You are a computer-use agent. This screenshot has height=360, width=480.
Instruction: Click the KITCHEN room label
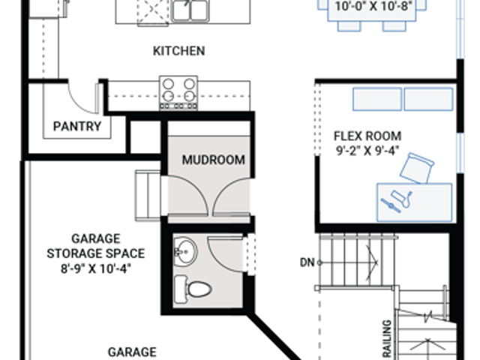click(x=178, y=51)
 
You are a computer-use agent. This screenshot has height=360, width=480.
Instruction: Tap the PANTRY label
click(x=77, y=126)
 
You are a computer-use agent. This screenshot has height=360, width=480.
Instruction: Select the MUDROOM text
click(x=213, y=160)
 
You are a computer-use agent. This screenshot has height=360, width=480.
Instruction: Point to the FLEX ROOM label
click(x=367, y=136)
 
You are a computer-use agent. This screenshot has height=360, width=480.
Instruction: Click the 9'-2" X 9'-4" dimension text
click(x=367, y=151)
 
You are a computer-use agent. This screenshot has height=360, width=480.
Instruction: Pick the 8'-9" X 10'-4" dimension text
click(x=96, y=268)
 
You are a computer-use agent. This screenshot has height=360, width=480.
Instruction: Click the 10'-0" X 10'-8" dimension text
click(x=373, y=6)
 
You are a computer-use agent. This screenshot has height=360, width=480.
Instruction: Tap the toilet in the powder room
click(x=193, y=289)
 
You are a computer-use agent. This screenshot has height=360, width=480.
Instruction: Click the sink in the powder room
click(x=185, y=252)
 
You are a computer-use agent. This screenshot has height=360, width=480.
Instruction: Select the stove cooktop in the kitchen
click(x=178, y=93)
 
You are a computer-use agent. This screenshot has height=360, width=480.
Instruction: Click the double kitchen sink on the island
click(x=190, y=10)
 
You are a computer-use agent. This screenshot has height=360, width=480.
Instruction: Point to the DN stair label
click(x=307, y=262)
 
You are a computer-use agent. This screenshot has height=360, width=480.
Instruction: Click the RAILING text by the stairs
click(x=387, y=338)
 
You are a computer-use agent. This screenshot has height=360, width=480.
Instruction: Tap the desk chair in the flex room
click(x=417, y=168)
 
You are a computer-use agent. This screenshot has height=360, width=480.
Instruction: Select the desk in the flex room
click(x=414, y=202)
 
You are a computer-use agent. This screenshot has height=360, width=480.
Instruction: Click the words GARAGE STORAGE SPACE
click(x=96, y=246)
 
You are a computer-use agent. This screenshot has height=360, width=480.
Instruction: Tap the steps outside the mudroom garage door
click(x=148, y=196)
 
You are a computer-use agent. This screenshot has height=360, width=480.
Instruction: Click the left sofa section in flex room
click(x=377, y=99)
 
